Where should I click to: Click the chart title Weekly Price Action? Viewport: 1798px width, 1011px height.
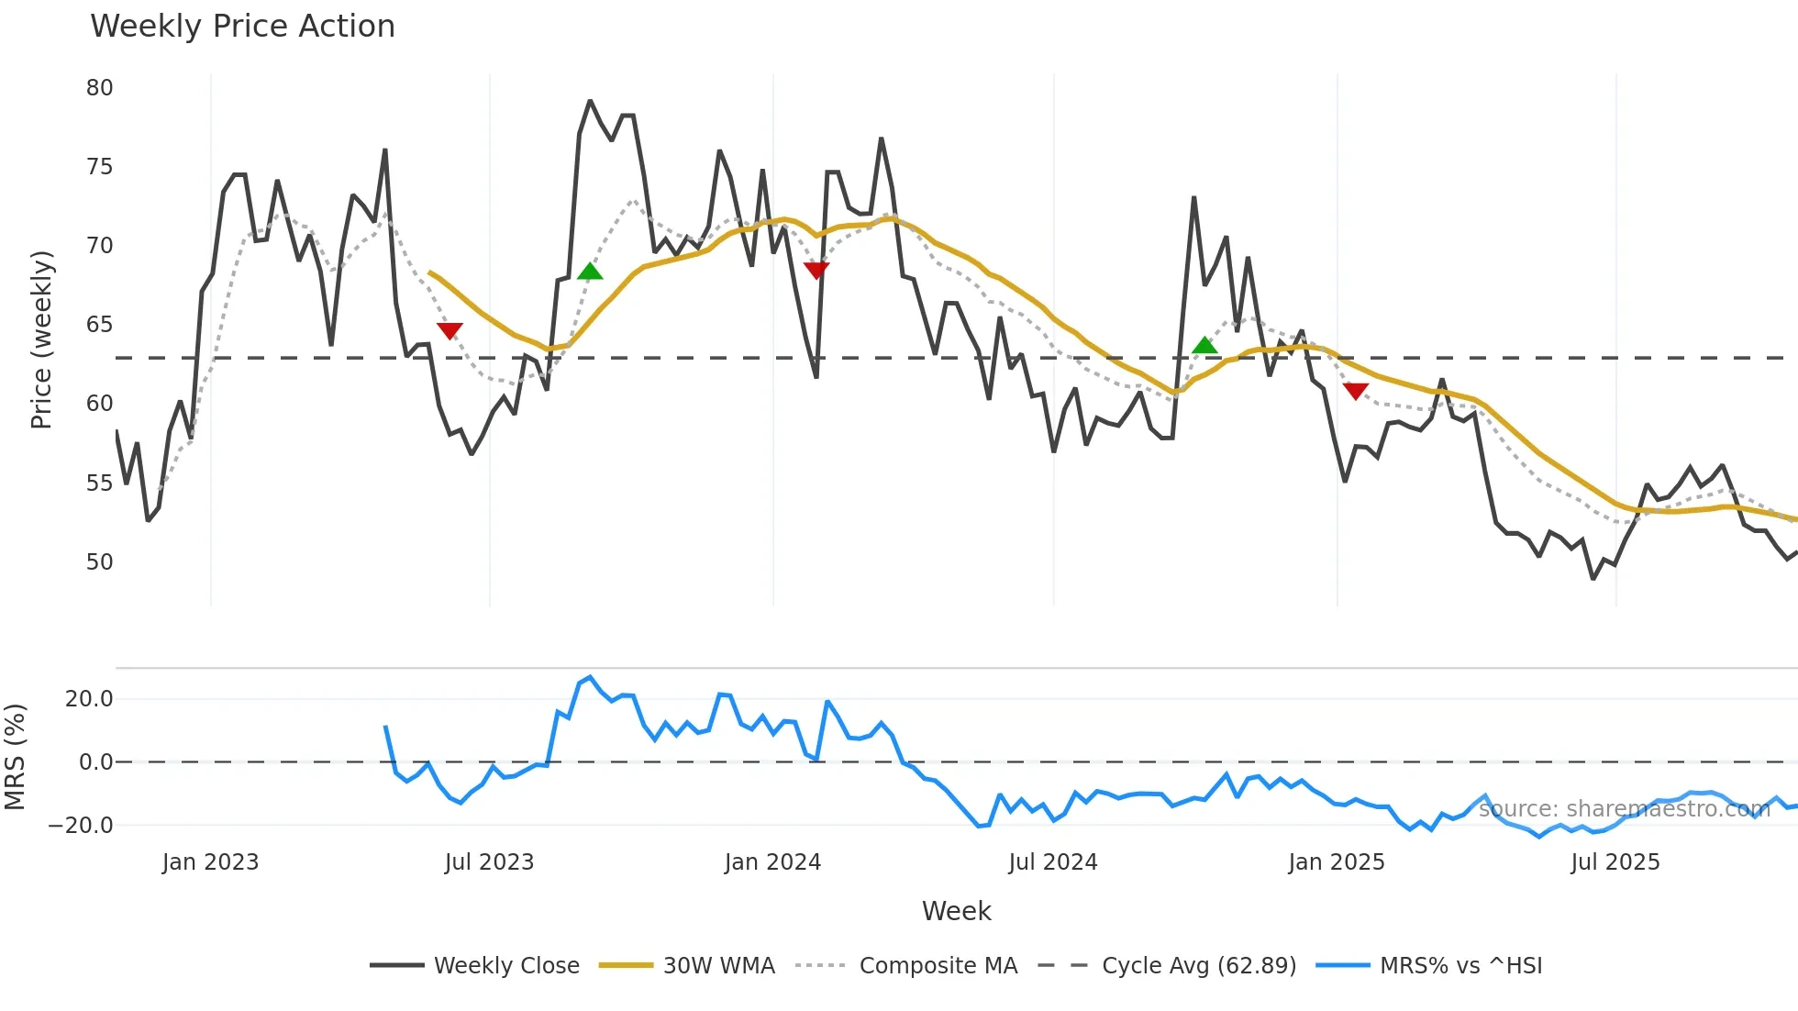pyautogui.click(x=242, y=27)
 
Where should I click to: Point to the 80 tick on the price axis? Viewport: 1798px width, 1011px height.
pyautogui.click(x=99, y=88)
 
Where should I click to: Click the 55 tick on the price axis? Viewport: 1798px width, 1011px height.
pyautogui.click(x=99, y=483)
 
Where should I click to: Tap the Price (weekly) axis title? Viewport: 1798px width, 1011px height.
pyautogui.click(x=41, y=339)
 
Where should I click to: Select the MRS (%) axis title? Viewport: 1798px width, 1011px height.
pyautogui.click(x=15, y=757)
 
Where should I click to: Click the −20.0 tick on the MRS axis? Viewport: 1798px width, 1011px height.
pyautogui.click(x=81, y=826)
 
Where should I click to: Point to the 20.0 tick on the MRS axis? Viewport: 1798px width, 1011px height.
pyautogui.click(x=89, y=699)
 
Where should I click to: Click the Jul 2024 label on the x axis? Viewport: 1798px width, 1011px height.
pyautogui.click(x=1052, y=862)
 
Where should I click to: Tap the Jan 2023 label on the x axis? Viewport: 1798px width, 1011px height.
pyautogui.click(x=210, y=862)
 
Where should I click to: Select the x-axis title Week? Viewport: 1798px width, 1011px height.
pyautogui.click(x=956, y=911)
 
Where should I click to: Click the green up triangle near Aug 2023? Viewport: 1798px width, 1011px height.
pyautogui.click(x=590, y=272)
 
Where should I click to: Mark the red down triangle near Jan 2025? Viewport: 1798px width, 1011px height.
pyautogui.click(x=1356, y=391)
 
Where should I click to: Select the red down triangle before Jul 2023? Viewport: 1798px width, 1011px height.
pyautogui.click(x=449, y=330)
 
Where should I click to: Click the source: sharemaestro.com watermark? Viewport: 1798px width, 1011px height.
pyautogui.click(x=1624, y=809)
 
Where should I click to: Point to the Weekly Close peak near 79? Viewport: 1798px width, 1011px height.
pyautogui.click(x=590, y=101)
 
